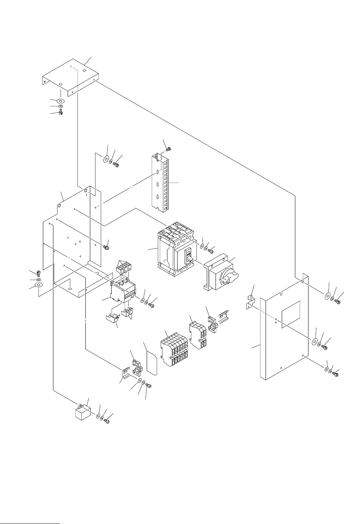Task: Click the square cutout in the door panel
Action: [291, 314]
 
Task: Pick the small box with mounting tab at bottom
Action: [83, 413]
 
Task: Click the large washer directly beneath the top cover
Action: [61, 101]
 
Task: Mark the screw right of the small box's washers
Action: [107, 421]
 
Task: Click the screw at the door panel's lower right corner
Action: [336, 373]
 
